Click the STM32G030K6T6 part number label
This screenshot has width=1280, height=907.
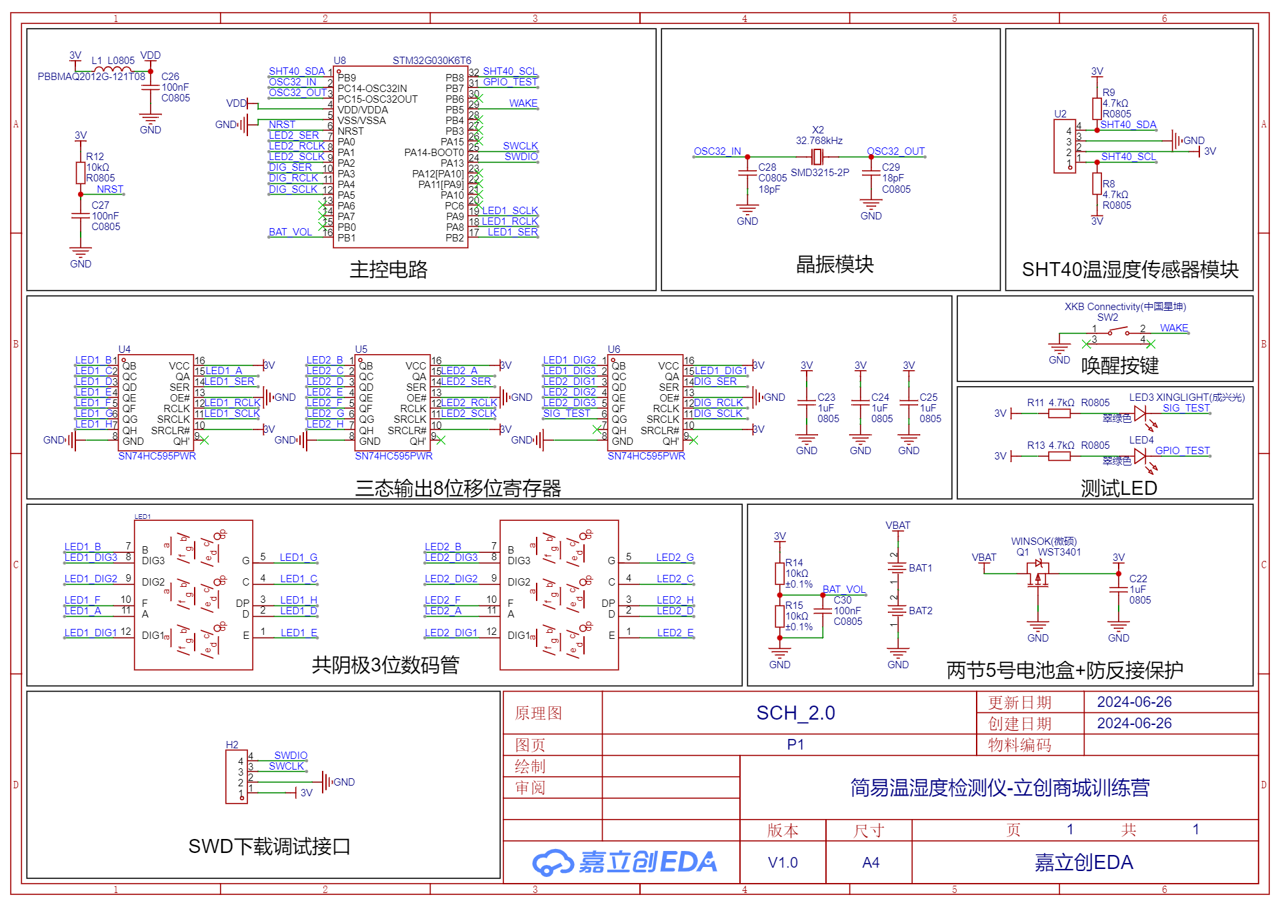pyautogui.click(x=431, y=61)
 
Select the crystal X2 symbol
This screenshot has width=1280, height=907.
pyautogui.click(x=817, y=157)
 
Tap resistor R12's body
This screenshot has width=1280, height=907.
pyautogui.click(x=81, y=173)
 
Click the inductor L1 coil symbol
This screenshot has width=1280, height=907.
pyautogui.click(x=108, y=69)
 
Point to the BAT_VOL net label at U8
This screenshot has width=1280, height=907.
pyautogui.click(x=290, y=232)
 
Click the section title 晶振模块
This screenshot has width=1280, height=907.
pyautogui.click(x=835, y=265)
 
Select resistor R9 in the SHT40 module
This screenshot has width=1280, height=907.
pyautogui.click(x=1097, y=108)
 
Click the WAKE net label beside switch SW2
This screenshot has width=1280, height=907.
pyautogui.click(x=1173, y=328)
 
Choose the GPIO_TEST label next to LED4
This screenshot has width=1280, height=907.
pyautogui.click(x=1182, y=451)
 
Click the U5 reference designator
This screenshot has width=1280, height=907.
pyautogui.click(x=361, y=349)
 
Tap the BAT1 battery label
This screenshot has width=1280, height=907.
pyautogui.click(x=920, y=568)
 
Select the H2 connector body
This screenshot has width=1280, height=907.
pyautogui.click(x=236, y=776)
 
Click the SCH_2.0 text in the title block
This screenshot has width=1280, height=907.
pyautogui.click(x=795, y=713)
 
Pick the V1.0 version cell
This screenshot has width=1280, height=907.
pyautogui.click(x=783, y=863)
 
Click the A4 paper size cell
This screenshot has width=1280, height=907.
pyautogui.click(x=870, y=863)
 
